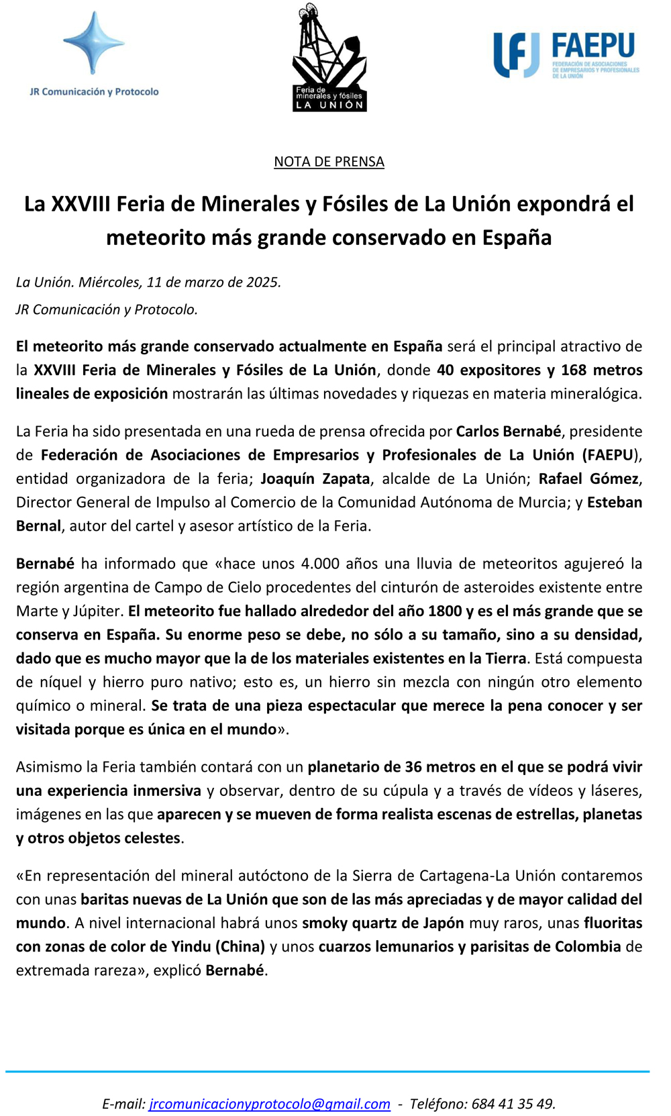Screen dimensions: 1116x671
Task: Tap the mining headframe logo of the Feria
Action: pos(329,57)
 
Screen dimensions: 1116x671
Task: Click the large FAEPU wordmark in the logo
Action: pos(593,46)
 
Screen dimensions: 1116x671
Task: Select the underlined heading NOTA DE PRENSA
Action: pos(329,162)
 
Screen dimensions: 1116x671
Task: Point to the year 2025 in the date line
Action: pos(262,282)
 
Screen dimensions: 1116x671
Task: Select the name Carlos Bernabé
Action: pos(508,431)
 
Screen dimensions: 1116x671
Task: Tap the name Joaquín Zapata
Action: pos(315,478)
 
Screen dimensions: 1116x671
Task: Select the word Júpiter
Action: pos(100,611)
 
